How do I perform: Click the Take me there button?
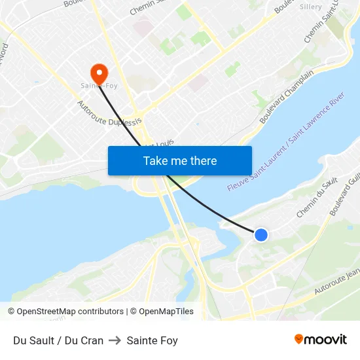pyautogui.click(x=180, y=160)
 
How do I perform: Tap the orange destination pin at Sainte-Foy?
pyautogui.click(x=99, y=73)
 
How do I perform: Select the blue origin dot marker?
pyautogui.click(x=261, y=234)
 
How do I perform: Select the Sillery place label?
pyautogui.click(x=310, y=7)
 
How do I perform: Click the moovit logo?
pyautogui.click(x=321, y=340)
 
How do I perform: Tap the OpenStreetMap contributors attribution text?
pyautogui.click(x=65, y=312)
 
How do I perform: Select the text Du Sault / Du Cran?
pyautogui.click(x=58, y=340)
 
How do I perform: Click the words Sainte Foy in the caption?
pyautogui.click(x=153, y=340)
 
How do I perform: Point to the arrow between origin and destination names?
pyautogui.click(x=115, y=340)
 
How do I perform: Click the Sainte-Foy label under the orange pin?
pyautogui.click(x=98, y=86)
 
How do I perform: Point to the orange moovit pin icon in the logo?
pyautogui.click(x=298, y=339)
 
